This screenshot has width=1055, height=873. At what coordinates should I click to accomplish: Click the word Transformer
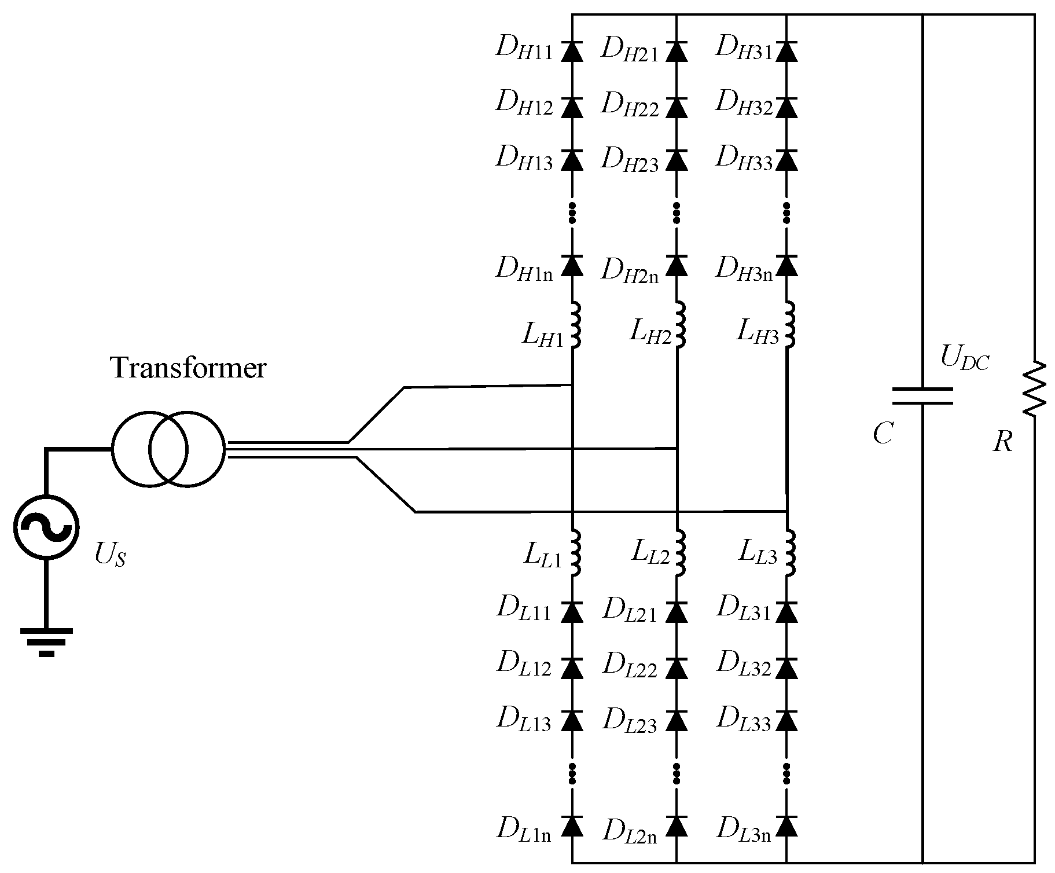coord(188,368)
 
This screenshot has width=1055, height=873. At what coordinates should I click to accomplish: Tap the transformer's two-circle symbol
coord(167,449)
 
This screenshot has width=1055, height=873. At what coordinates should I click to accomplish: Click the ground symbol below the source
coord(46,641)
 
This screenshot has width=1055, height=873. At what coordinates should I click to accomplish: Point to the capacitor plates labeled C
coord(922,396)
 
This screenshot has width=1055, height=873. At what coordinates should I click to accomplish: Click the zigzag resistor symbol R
coord(1034,389)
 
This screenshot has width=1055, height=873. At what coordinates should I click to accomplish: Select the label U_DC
coord(964,358)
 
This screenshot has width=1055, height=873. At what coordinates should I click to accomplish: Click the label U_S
coord(110,556)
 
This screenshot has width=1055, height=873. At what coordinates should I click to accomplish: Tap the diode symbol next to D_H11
coord(572,52)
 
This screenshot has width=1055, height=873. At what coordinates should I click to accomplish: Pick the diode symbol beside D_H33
coord(786,160)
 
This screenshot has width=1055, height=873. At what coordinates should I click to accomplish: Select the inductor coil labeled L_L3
coord(789,553)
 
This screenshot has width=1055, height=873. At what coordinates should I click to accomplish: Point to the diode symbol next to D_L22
coord(677,668)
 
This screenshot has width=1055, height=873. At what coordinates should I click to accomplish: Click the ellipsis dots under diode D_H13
coord(572,212)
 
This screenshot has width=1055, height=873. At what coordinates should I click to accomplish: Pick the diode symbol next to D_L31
coord(786,611)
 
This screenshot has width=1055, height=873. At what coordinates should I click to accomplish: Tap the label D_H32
coord(743,105)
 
